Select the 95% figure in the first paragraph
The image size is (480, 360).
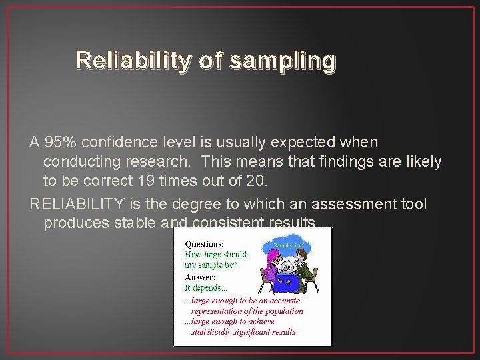(x=59, y=142)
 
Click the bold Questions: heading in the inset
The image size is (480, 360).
(x=205, y=244)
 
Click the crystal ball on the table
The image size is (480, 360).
(x=287, y=265)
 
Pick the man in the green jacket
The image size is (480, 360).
(x=305, y=270)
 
